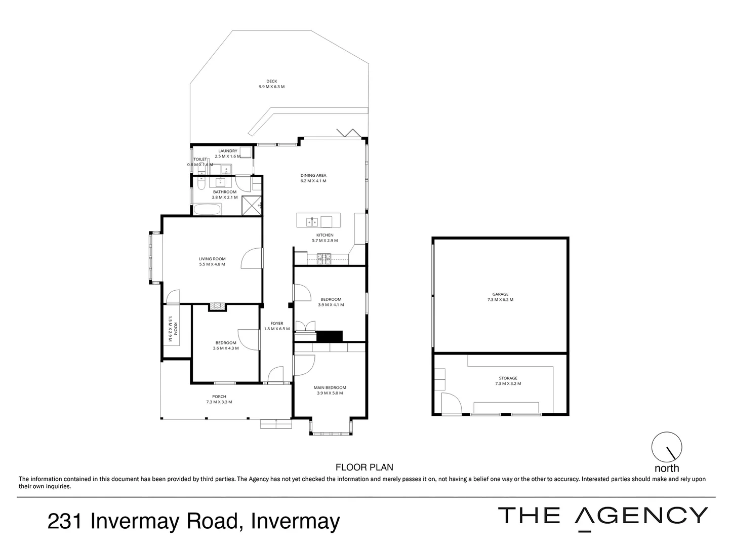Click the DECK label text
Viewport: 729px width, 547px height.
coord(271,82)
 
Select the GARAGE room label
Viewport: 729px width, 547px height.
coord(500,294)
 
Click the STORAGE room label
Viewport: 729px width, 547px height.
coord(508,378)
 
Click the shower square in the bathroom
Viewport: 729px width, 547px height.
coord(251,206)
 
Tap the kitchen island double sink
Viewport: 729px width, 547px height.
coord(311,221)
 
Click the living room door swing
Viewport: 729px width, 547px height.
coord(252,258)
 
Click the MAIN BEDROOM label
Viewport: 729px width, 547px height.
coord(330,388)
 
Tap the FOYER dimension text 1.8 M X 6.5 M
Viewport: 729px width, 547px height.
coord(276,329)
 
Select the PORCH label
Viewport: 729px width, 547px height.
coord(219,397)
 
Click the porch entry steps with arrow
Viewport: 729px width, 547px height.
coord(276,423)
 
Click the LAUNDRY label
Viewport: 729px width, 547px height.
coord(227,151)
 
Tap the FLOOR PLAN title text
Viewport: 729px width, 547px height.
coord(364,467)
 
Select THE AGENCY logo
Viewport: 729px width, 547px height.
coord(603,516)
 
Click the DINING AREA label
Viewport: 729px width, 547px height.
coord(313,176)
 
